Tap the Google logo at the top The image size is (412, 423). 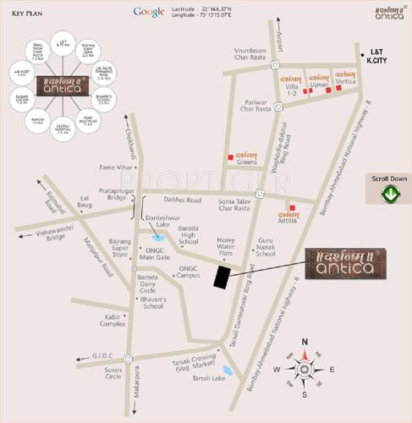coord(148,12)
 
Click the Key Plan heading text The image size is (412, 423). coord(29,14)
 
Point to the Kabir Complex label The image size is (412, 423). coord(113,320)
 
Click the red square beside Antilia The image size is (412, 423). coord(293,207)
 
